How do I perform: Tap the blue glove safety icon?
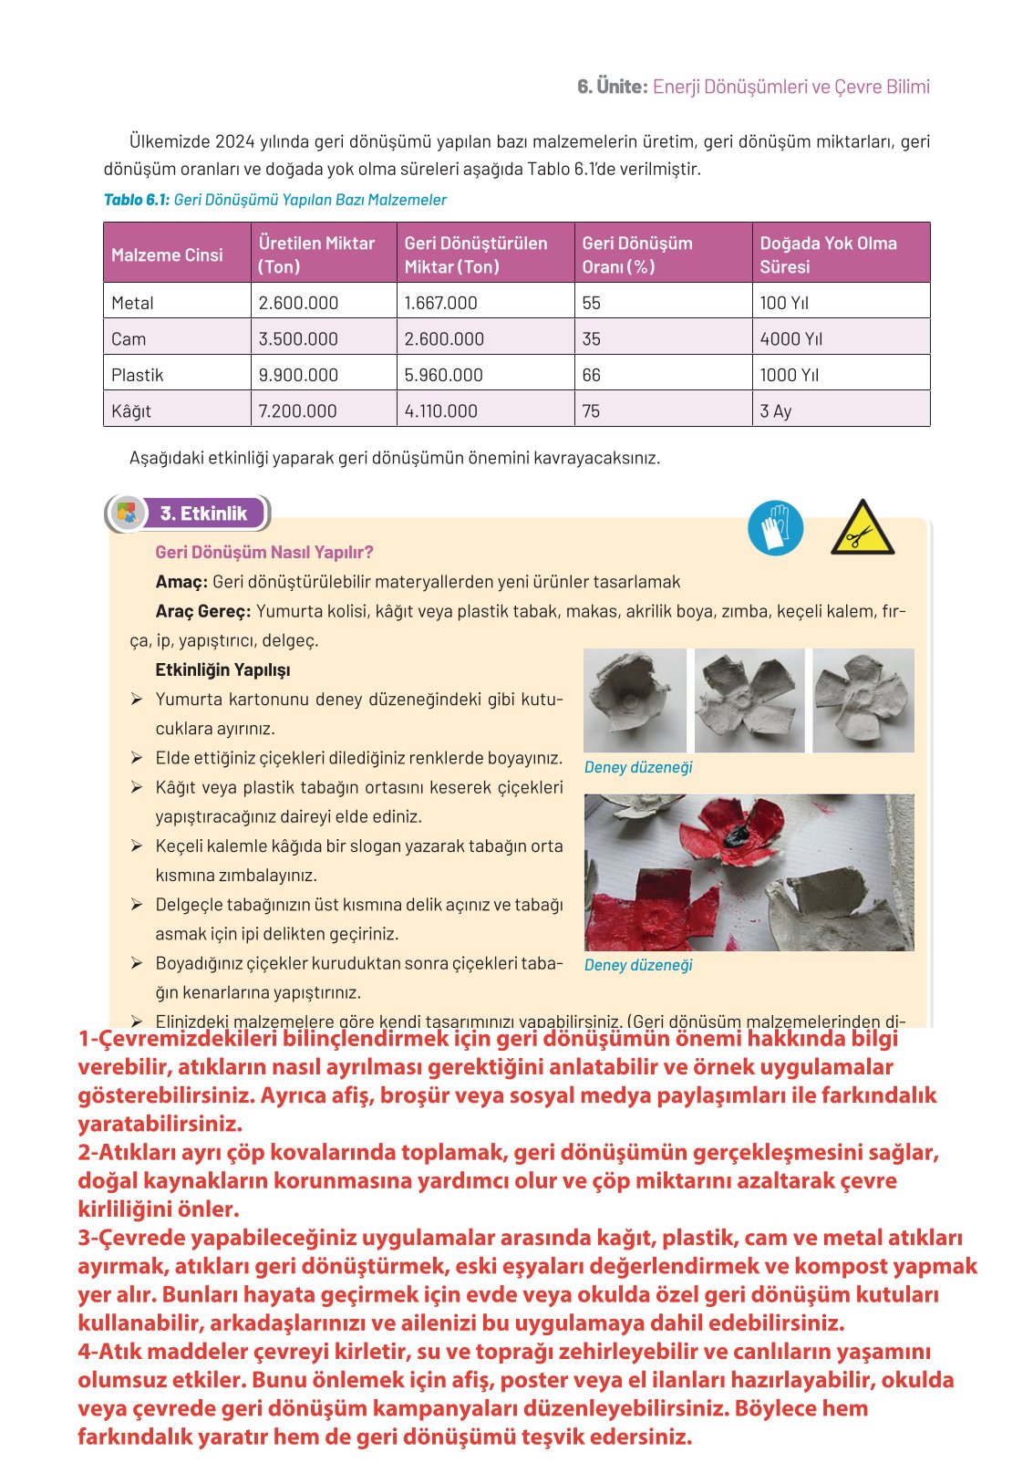pos(775,528)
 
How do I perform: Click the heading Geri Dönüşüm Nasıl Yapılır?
pos(264,552)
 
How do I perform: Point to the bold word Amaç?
pos(181,582)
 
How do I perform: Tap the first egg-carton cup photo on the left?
pos(635,700)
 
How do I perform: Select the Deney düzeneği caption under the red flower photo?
pos(638,965)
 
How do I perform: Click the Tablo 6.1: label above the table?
pos(137,200)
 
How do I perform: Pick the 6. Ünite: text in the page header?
pos(612,87)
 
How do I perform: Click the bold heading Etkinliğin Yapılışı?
pos(222,670)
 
